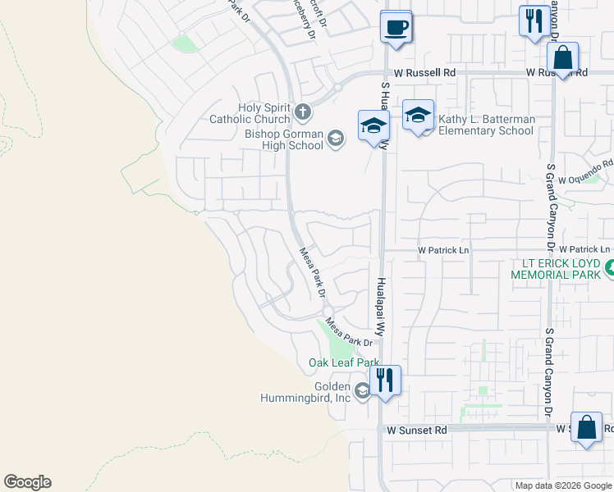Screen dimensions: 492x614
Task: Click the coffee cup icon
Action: (396, 27)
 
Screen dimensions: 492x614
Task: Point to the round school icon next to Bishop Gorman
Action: (335, 139)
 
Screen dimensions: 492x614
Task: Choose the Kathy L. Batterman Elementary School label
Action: (486, 125)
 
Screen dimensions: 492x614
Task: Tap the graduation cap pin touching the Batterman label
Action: (418, 115)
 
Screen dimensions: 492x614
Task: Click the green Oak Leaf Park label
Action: (343, 362)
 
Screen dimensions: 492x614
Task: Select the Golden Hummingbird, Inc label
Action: (332, 392)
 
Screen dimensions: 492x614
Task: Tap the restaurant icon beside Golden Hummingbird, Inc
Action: (385, 380)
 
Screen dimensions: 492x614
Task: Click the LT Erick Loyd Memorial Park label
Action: (557, 270)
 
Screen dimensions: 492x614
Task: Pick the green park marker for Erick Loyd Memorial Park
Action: (609, 267)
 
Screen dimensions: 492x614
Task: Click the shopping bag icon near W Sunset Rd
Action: (586, 427)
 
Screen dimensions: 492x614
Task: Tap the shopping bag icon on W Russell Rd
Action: (562, 57)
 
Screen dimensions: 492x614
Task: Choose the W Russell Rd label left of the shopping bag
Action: (424, 73)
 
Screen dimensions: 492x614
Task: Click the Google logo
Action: (27, 482)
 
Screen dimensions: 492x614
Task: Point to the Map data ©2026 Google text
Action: (562, 485)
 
